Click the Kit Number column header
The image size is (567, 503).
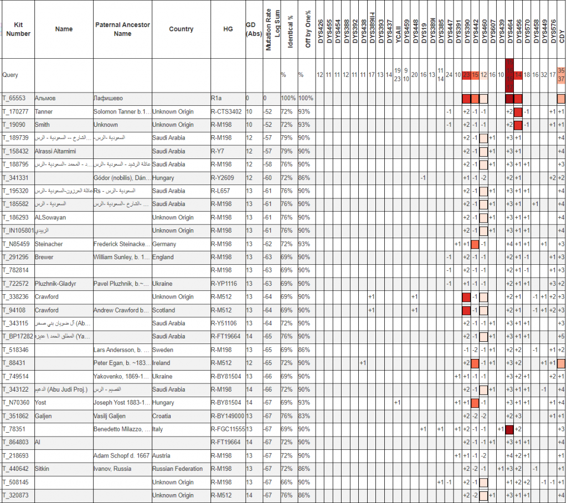[18, 29]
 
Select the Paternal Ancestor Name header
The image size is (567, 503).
[122, 29]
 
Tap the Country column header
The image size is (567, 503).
[181, 29]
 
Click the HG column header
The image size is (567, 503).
[228, 29]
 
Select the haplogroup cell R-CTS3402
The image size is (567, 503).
[226, 112]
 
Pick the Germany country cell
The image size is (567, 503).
[164, 244]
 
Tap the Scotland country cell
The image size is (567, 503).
[164, 310]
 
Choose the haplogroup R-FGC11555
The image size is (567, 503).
[228, 429]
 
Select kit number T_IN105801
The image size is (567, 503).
[18, 231]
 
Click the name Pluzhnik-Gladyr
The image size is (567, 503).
[55, 284]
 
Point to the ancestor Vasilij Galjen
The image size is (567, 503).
[109, 416]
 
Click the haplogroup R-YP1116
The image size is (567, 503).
[224, 284]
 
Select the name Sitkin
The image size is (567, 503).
[42, 469]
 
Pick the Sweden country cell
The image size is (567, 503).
[164, 350]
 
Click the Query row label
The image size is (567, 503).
[11, 75]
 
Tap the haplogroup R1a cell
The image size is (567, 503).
[217, 99]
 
